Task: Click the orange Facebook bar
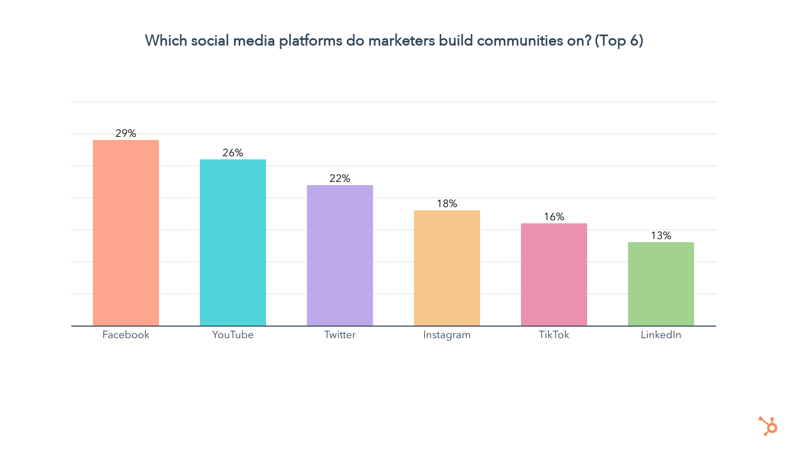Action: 126,233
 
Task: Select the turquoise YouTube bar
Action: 233,242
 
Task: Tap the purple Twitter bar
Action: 340,255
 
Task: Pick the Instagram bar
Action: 447,268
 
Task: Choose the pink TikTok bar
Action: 554,274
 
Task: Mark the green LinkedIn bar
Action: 661,284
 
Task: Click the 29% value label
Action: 126,133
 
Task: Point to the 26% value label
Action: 233,153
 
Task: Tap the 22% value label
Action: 340,178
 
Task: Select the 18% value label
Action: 447,203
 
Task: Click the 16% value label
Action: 554,217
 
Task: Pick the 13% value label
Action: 661,235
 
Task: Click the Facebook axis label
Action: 126,334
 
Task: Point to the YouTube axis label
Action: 233,334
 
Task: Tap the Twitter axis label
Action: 340,334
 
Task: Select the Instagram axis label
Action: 447,335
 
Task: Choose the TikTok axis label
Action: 554,334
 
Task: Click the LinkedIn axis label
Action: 661,334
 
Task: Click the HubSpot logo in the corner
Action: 768,426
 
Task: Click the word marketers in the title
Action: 401,40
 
